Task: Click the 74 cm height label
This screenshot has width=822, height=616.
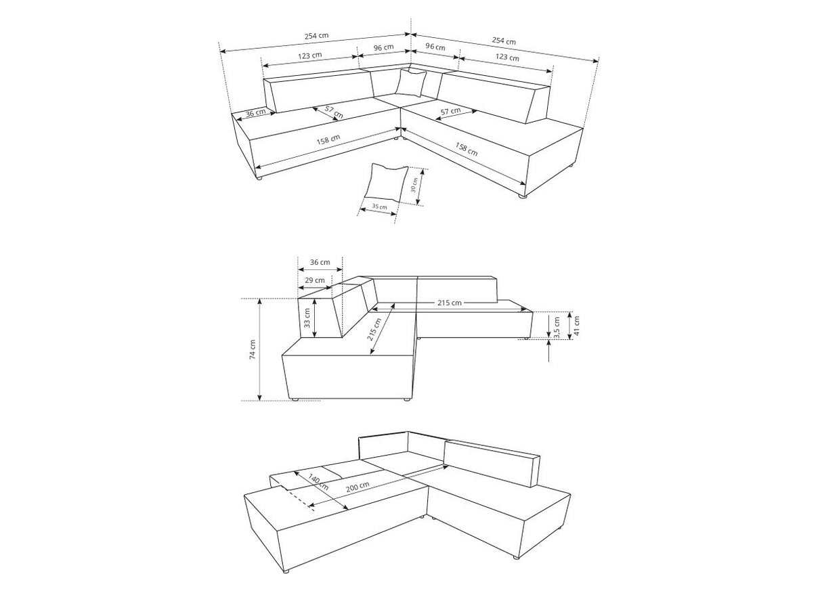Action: [253, 350]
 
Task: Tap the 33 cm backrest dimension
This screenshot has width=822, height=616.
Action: [307, 318]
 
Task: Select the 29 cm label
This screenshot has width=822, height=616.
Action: [315, 280]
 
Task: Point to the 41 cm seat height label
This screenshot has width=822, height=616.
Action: [576, 326]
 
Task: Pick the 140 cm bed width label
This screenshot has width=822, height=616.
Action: [318, 482]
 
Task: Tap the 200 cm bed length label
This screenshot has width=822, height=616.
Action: [358, 486]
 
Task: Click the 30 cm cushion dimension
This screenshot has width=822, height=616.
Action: [414, 184]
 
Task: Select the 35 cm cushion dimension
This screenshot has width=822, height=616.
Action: [380, 206]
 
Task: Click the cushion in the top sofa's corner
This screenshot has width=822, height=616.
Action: [411, 83]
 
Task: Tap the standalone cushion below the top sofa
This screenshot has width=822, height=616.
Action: [386, 182]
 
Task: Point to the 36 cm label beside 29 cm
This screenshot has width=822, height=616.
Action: [320, 262]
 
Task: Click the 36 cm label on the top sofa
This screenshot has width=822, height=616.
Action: [255, 112]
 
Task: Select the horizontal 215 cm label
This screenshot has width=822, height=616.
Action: [450, 303]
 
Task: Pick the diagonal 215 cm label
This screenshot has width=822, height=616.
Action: [374, 330]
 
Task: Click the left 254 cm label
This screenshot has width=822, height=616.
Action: [316, 36]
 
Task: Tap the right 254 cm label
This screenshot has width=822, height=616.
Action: [504, 41]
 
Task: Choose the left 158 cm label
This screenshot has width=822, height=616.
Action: [328, 139]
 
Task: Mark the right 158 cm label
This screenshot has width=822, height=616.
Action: [467, 148]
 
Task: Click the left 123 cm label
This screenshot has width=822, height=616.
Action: [310, 56]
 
